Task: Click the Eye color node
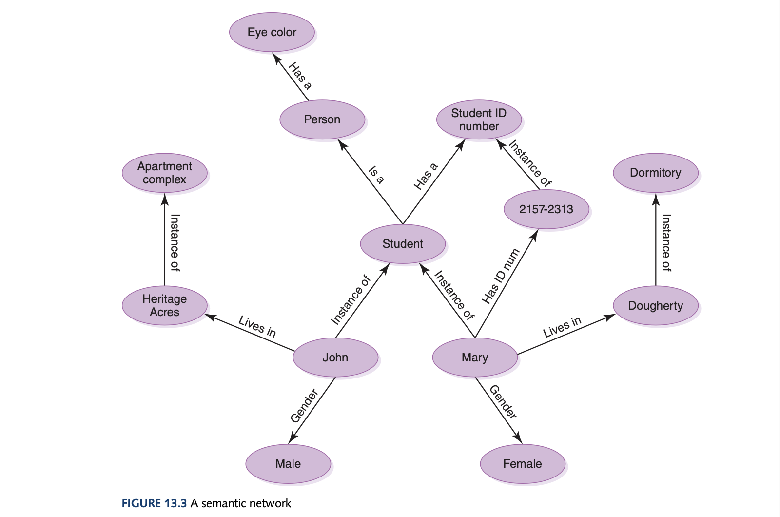[x=272, y=32]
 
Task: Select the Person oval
[x=322, y=119]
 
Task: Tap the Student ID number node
[x=479, y=119]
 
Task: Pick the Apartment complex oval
[x=164, y=173]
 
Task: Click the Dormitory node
[x=655, y=173]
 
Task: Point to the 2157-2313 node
[x=546, y=209]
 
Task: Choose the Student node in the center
[x=402, y=244]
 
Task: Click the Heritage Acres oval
[x=164, y=305]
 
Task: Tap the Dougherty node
[x=655, y=306]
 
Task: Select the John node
[x=335, y=358]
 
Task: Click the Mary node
[x=474, y=358]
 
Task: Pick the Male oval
[x=288, y=463]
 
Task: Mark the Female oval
[x=522, y=463]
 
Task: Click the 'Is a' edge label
[x=376, y=175]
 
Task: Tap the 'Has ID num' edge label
[x=501, y=276]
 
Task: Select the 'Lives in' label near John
[x=257, y=326]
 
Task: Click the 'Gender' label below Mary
[x=503, y=402]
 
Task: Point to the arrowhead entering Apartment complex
[x=164, y=198]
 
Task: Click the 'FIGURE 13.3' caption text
[x=154, y=503]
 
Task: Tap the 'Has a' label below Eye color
[x=300, y=76]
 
